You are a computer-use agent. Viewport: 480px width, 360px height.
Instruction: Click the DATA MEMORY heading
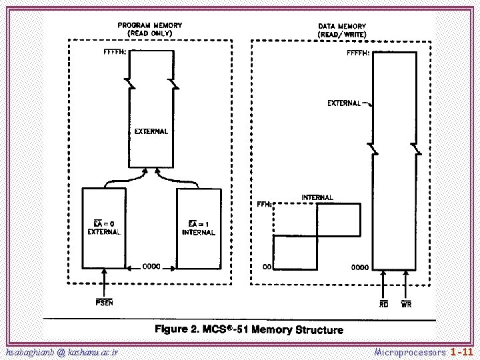pyautogui.click(x=341, y=30)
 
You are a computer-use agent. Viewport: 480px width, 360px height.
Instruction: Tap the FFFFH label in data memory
pyautogui.click(x=358, y=54)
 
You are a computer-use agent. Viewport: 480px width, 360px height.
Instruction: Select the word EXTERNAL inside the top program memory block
pyautogui.click(x=151, y=131)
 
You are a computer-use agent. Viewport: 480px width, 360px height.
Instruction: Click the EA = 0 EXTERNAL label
pyautogui.click(x=104, y=227)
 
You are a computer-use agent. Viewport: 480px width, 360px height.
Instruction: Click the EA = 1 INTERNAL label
pyautogui.click(x=198, y=228)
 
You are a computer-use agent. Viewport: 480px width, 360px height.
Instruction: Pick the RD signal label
pyautogui.click(x=384, y=304)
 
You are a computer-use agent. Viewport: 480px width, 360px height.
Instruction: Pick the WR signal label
pyautogui.click(x=405, y=304)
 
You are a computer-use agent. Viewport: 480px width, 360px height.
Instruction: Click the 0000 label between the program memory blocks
pyautogui.click(x=151, y=267)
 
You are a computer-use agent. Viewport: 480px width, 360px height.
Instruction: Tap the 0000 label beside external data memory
pyautogui.click(x=360, y=267)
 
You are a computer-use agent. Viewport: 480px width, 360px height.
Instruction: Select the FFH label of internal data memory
pyautogui.click(x=264, y=205)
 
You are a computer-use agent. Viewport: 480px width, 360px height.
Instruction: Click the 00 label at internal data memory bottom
pyautogui.click(x=266, y=267)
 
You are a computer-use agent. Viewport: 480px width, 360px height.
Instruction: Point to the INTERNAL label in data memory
pyautogui.click(x=317, y=197)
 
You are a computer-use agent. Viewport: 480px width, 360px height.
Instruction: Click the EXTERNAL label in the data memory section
pyautogui.click(x=344, y=103)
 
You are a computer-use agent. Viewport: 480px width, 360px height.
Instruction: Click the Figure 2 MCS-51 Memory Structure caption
pyautogui.click(x=249, y=329)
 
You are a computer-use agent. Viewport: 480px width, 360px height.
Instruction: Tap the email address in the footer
pyautogui.click(x=61, y=351)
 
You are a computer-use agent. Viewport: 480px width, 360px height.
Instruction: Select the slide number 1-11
pyautogui.click(x=461, y=351)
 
